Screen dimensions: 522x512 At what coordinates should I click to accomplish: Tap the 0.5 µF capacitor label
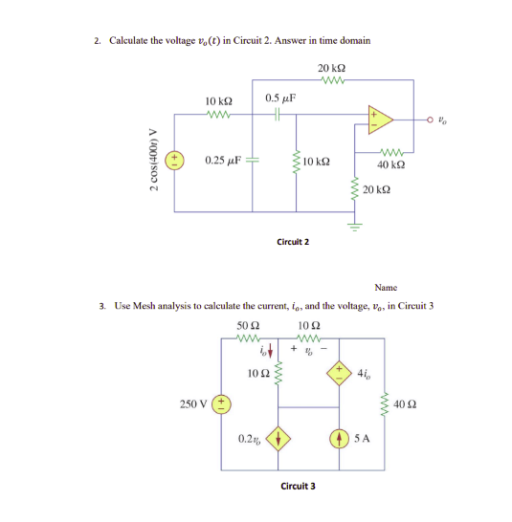coord(279,98)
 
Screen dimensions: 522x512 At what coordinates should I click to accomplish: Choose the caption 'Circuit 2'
coord(292,242)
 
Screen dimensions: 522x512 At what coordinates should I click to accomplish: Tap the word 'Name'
coord(386,286)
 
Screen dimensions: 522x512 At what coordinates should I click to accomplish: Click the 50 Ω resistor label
coord(248,329)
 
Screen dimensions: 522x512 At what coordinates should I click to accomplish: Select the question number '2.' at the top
coord(99,40)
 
